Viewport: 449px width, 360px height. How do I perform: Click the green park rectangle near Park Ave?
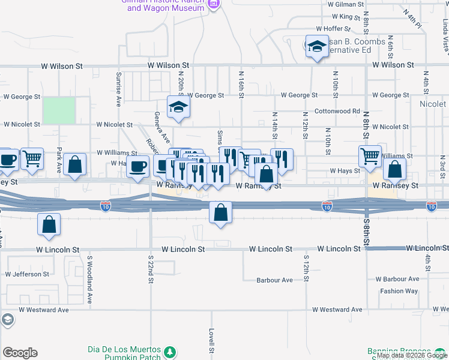point(59,111)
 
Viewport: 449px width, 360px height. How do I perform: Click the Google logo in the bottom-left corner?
point(20,353)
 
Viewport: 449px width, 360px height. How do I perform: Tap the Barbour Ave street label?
point(274,280)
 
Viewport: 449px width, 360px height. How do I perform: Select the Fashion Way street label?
point(399,291)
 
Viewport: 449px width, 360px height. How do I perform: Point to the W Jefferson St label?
point(27,274)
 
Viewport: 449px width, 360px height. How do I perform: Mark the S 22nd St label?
point(151,268)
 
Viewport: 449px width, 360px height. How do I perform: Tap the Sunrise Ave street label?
point(118,88)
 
